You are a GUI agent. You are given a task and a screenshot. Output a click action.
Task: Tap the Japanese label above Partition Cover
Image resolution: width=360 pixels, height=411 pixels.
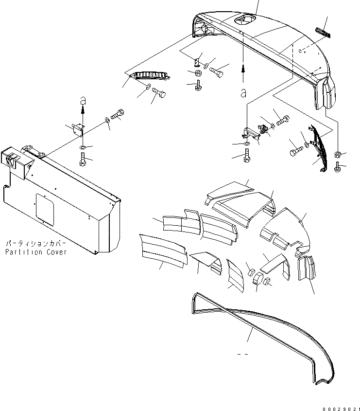(35, 243)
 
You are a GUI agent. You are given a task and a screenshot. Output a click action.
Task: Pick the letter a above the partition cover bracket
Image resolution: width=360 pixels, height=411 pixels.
(82, 100)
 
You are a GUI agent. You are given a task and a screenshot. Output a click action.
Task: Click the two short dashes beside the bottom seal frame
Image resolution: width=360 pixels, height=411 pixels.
(243, 354)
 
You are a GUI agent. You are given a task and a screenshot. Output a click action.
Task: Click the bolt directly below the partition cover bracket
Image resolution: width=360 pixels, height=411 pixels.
(83, 158)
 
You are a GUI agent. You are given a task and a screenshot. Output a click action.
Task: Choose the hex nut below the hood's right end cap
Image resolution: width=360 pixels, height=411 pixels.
(338, 154)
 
